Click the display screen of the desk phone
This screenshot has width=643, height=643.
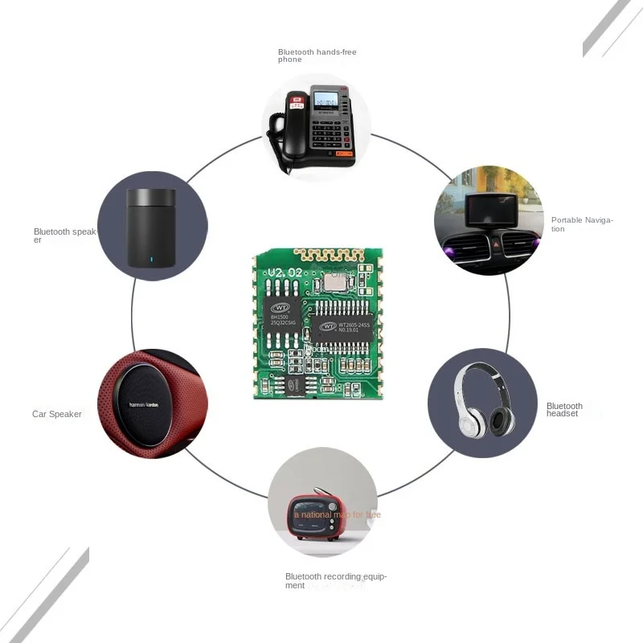point(325,100)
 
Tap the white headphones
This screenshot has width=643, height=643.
point(483,401)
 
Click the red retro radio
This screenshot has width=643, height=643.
point(321,514)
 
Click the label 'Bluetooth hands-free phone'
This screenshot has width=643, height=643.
point(317,55)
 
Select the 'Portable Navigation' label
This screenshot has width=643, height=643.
point(581,224)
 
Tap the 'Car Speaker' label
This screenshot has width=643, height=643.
point(57,414)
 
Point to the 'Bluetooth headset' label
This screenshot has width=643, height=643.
point(564,410)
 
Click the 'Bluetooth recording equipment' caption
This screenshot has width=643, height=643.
point(336,580)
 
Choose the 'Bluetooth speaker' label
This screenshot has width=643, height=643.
point(64,235)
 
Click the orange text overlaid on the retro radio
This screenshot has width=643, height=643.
point(338,514)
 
